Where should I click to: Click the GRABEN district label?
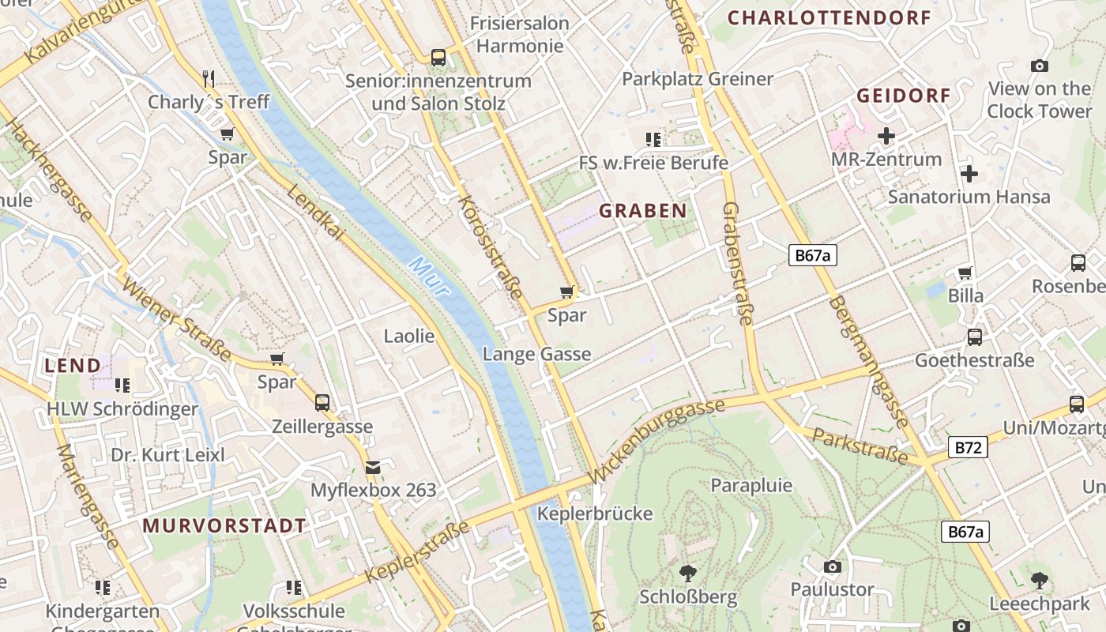pyautogui.click(x=642, y=211)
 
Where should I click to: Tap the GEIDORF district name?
pyautogui.click(x=904, y=96)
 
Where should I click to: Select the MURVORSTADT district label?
pyautogui.click(x=224, y=526)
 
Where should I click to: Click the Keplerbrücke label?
pyautogui.click(x=595, y=513)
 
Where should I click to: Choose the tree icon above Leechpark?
pyautogui.click(x=1040, y=581)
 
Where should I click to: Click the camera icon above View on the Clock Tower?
pyautogui.click(x=1040, y=66)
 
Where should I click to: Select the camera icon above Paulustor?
pyautogui.click(x=832, y=566)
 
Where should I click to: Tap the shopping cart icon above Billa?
pyautogui.click(x=965, y=273)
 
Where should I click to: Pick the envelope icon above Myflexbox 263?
pyautogui.click(x=373, y=468)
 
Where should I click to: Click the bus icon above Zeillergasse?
pyautogui.click(x=322, y=403)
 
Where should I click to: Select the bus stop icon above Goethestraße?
pyautogui.click(x=974, y=337)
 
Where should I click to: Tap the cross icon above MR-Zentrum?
pyautogui.click(x=886, y=136)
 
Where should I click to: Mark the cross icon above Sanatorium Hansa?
pyautogui.click(x=969, y=174)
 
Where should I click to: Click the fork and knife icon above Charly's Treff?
pyautogui.click(x=209, y=78)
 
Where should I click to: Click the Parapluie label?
pyautogui.click(x=751, y=485)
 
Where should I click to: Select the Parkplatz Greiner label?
pyautogui.click(x=697, y=79)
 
